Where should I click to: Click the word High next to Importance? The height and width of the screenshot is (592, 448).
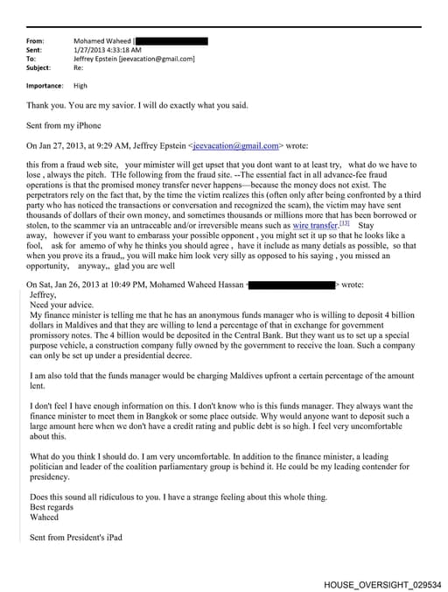click(80, 86)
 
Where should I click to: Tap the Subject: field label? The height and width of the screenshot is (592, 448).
click(38, 67)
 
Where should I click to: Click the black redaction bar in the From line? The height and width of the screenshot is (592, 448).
click(172, 41)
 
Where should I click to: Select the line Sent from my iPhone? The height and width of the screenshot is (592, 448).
click(63, 126)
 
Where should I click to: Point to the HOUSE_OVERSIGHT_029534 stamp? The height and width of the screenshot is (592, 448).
click(382, 583)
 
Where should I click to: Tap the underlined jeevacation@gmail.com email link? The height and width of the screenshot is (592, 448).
click(236, 145)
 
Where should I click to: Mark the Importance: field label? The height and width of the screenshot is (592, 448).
click(45, 86)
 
